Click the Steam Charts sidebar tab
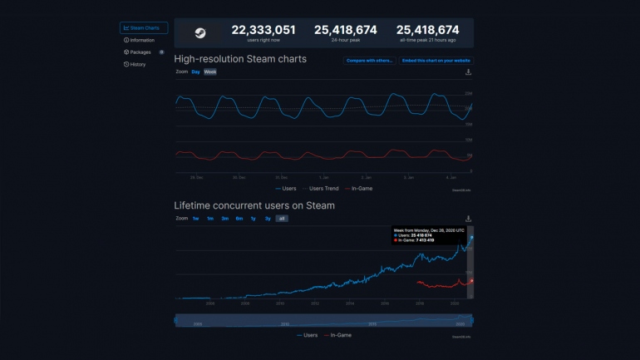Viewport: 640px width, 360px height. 143,27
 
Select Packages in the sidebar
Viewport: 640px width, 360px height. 139,52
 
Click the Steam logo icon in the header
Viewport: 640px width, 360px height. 200,33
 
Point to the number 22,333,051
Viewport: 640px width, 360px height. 263,30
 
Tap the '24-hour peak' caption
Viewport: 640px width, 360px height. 345,40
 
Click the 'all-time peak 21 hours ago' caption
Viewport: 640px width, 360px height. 427,40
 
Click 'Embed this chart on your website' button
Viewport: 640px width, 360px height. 436,61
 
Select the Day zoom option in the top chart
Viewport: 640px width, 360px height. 195,72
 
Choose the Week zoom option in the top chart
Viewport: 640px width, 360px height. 210,72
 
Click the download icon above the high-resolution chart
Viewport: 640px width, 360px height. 468,72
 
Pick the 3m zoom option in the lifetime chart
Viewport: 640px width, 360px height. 224,219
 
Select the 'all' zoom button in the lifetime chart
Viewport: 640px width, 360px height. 282,219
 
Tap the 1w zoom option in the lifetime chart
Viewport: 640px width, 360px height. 195,219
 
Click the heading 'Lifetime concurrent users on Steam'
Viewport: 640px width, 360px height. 254,205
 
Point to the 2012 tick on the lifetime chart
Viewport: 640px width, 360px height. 314,304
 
